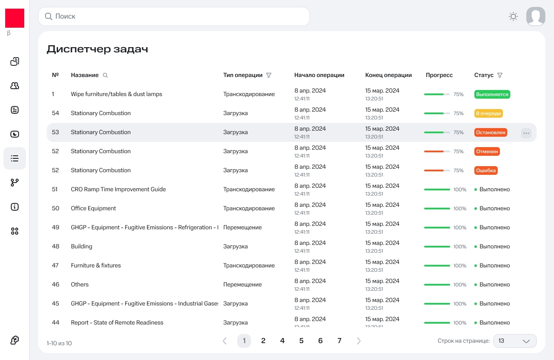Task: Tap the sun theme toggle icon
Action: [513, 16]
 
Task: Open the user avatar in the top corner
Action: [535, 16]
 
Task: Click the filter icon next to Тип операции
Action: [269, 75]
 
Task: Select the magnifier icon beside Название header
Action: [105, 75]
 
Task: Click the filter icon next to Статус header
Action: [500, 75]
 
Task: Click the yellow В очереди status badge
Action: [488, 113]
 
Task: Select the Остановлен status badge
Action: [490, 132]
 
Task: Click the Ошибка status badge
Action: [486, 170]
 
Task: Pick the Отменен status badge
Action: [487, 151]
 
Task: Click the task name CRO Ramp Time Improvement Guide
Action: [118, 190]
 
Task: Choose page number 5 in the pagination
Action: [301, 341]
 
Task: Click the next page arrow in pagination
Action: [358, 341]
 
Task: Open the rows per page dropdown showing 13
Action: [514, 341]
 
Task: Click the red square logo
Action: [15, 18]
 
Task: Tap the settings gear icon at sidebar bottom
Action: [15, 340]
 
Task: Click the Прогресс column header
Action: [439, 75]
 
